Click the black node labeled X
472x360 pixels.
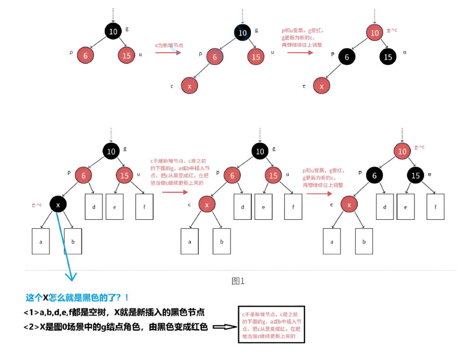pyautogui.click(x=58, y=204)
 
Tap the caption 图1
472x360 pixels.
pyautogui.click(x=238, y=281)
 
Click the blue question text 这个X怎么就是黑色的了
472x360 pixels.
pyautogui.click(x=78, y=297)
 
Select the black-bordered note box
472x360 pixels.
pyautogui.click(x=270, y=325)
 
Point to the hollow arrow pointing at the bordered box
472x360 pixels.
pyautogui.click(x=224, y=327)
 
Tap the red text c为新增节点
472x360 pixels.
pyautogui.click(x=169, y=45)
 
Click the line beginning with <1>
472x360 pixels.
pyautogui.click(x=114, y=312)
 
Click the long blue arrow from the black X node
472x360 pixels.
pyautogui.click(x=65, y=244)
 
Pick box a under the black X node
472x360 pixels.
pyautogui.click(x=41, y=241)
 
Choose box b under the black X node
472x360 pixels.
pyautogui.click(x=73, y=241)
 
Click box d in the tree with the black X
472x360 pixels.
pyautogui.click(x=94, y=206)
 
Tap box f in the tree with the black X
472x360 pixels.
pyautogui.click(x=144, y=206)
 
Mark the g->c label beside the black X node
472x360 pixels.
pyautogui.click(x=36, y=204)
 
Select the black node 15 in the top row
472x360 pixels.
pyautogui.click(x=388, y=57)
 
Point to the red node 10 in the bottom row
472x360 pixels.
pyautogui.click(x=402, y=150)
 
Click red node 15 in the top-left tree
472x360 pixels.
pyautogui.click(x=127, y=56)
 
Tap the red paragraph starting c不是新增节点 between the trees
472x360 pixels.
pyautogui.click(x=177, y=172)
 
